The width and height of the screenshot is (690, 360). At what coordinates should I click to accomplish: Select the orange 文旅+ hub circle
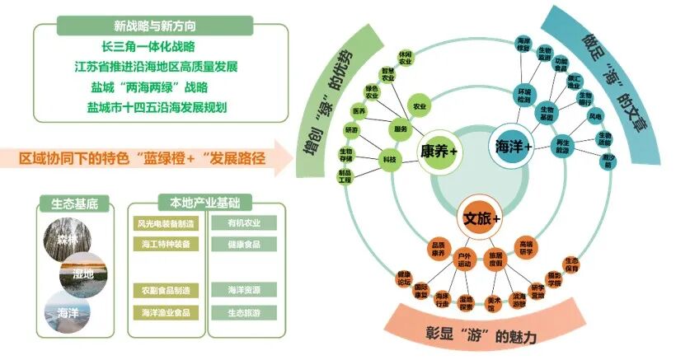point(481,219)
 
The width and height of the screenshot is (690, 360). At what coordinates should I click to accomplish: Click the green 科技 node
point(388,159)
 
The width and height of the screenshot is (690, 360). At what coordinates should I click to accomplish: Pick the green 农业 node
point(420,106)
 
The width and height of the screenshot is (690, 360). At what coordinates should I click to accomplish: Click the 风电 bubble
point(594,116)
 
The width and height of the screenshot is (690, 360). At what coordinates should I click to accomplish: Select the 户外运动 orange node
point(465,260)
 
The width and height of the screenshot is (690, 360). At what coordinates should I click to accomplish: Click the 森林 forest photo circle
point(65,239)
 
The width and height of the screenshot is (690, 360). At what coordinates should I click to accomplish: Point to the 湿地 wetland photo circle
point(83,273)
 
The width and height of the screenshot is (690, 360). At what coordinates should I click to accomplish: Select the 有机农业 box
point(242,222)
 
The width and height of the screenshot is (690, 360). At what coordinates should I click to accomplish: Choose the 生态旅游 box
point(242,313)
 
